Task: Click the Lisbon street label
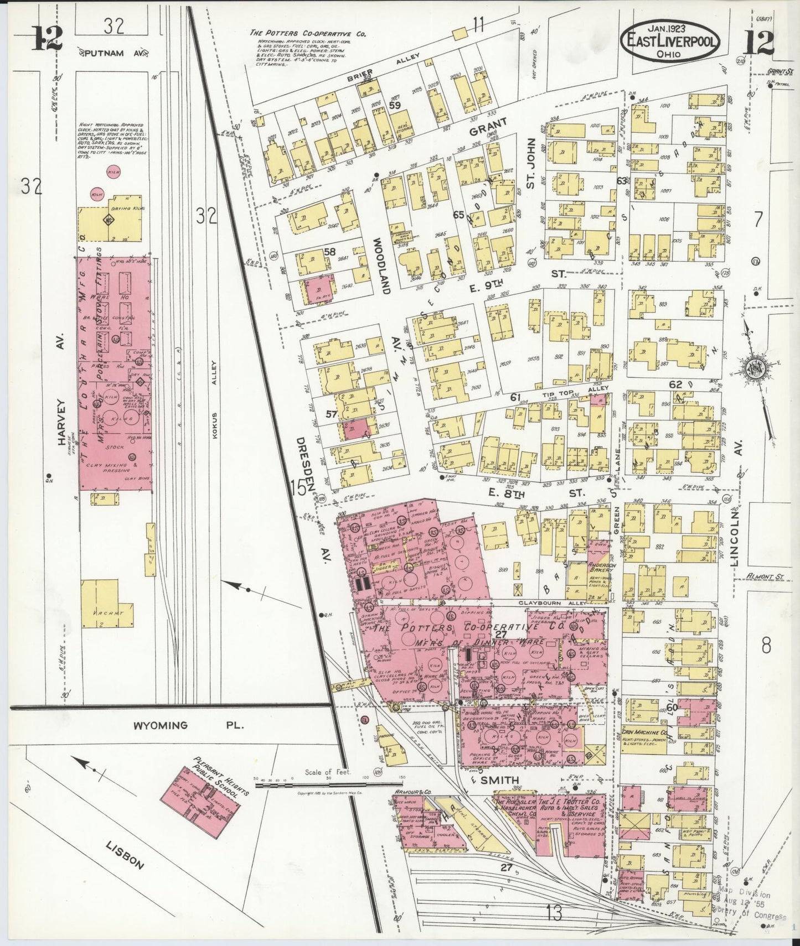125,855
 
